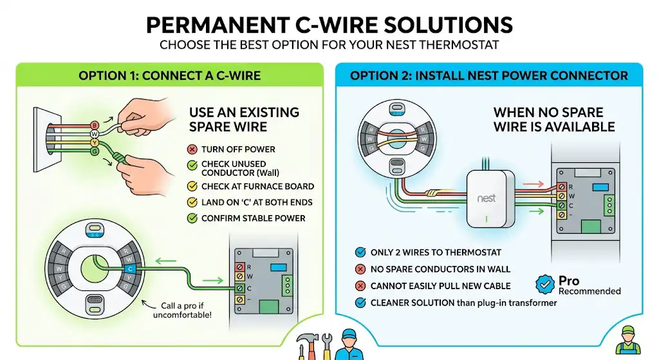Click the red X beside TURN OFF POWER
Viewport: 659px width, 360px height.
(x=192, y=149)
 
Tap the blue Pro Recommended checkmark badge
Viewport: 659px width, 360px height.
(x=544, y=285)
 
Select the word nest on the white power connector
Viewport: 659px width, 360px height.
(x=487, y=198)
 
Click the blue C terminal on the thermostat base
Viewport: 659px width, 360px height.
(x=130, y=269)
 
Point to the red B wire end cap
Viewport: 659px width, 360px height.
(x=95, y=126)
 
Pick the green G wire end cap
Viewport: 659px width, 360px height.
(x=95, y=151)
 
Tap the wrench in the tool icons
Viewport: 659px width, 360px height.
(x=326, y=346)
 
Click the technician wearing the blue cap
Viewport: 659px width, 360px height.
(x=349, y=345)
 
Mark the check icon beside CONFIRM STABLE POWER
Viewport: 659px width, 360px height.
(x=192, y=218)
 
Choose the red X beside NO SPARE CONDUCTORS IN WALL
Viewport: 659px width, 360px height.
(x=360, y=269)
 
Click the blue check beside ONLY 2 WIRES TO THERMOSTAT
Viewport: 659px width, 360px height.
(x=360, y=252)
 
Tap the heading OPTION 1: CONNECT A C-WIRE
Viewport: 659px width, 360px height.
(x=169, y=76)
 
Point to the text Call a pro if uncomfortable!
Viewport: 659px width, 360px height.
(x=182, y=310)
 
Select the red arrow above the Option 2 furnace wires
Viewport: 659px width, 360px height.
(x=534, y=184)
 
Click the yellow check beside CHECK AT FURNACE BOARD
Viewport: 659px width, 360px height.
(x=192, y=186)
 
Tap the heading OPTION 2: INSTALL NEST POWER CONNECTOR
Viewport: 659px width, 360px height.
(x=489, y=76)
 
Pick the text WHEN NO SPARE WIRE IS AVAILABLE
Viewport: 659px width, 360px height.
(x=554, y=119)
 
